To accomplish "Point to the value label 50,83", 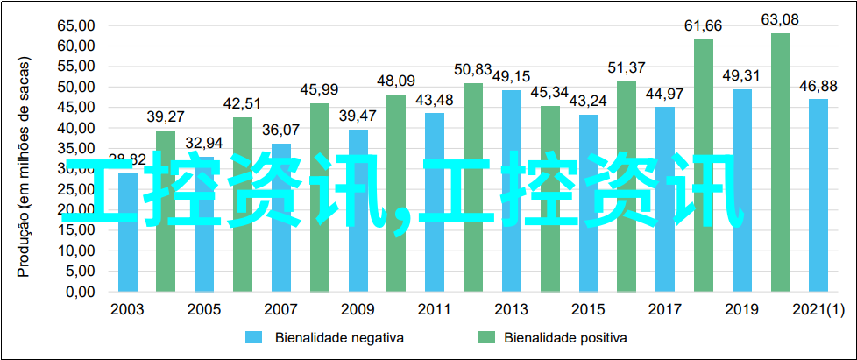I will pyautogui.click(x=472, y=69).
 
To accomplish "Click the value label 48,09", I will pyautogui.click(x=396, y=81).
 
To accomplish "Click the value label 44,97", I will pyautogui.click(x=665, y=93).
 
